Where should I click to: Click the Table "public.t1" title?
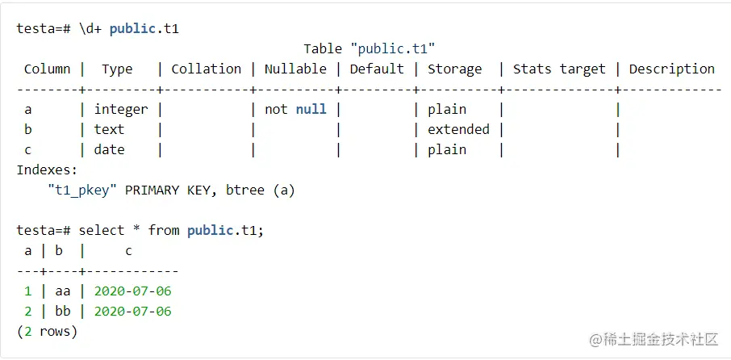pyautogui.click(x=370, y=49)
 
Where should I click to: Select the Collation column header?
pyautogui.click(x=206, y=69)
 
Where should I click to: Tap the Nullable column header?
pyautogui.click(x=295, y=69)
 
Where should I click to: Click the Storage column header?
pyautogui.click(x=454, y=69)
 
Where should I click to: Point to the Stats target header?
pyautogui.click(x=559, y=69)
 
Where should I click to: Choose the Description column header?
pyautogui.click(x=671, y=69)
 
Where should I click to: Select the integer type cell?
pyautogui.click(x=121, y=109)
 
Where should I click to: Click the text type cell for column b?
pyautogui.click(x=109, y=129)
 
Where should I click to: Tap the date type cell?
pyautogui.click(x=109, y=149)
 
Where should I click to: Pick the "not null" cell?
pyautogui.click(x=295, y=109)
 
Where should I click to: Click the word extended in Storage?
pyautogui.click(x=458, y=129)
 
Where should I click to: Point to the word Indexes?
pyautogui.click(x=47, y=170)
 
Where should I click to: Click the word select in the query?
pyautogui.click(x=102, y=231)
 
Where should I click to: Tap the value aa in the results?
pyautogui.click(x=63, y=291)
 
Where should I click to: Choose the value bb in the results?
pyautogui.click(x=63, y=312)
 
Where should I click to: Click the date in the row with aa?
pyautogui.click(x=132, y=291)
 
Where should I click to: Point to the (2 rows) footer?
pyautogui.click(x=47, y=332)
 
